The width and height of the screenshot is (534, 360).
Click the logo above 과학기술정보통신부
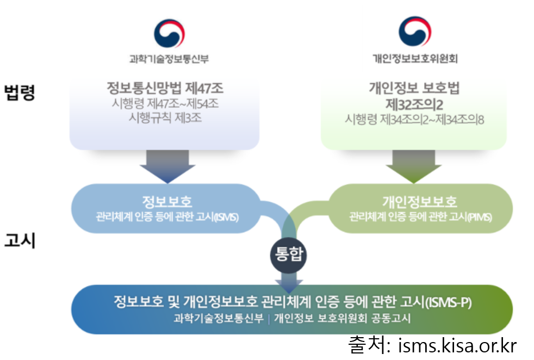tap(169, 33)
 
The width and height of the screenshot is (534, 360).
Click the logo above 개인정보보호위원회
tap(414, 32)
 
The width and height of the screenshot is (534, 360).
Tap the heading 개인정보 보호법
tap(414, 88)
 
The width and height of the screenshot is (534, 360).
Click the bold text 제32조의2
tap(414, 103)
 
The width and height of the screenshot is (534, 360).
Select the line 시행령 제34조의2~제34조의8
tap(414, 119)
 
